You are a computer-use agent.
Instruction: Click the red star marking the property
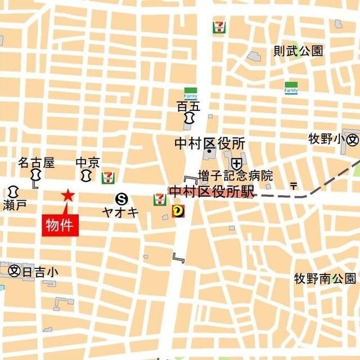coord(67,196)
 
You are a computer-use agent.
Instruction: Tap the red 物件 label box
coord(61,226)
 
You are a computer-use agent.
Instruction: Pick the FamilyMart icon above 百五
coord(191,93)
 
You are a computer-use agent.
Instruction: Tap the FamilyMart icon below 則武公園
coord(291,88)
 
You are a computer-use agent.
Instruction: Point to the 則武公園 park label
coord(298,51)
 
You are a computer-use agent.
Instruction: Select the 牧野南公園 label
coord(325,278)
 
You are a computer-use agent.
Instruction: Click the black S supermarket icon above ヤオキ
coord(121,198)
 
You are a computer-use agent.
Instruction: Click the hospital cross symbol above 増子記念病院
coord(236,163)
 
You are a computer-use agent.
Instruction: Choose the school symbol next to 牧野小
coord(353,139)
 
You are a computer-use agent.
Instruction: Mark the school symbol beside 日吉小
coord(15,271)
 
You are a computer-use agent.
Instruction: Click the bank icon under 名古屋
coord(36,177)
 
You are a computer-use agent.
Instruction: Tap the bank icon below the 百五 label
coord(188,119)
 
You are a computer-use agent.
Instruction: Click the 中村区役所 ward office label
coord(209,143)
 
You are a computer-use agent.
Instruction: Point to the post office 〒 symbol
coord(293,185)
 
